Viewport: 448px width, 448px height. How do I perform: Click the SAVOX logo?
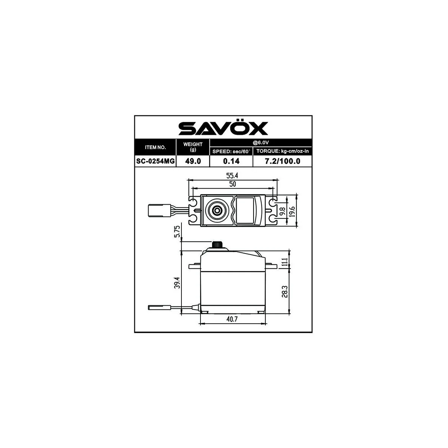point(223,128)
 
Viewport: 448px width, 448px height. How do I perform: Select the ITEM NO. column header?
point(155,147)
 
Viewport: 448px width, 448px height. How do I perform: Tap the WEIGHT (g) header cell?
point(193,147)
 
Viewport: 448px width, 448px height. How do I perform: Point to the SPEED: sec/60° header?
point(231,152)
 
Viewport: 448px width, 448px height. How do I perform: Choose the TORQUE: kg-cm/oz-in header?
point(282,152)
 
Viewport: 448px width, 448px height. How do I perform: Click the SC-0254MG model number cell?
point(155,161)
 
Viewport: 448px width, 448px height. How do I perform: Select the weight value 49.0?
point(193,161)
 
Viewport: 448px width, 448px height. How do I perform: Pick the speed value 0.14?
point(231,161)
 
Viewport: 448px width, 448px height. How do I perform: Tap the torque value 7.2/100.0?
point(282,161)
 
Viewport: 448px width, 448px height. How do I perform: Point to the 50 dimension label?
point(233,184)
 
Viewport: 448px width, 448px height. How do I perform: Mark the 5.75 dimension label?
point(177,231)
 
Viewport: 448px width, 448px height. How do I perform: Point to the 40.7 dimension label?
point(232,319)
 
